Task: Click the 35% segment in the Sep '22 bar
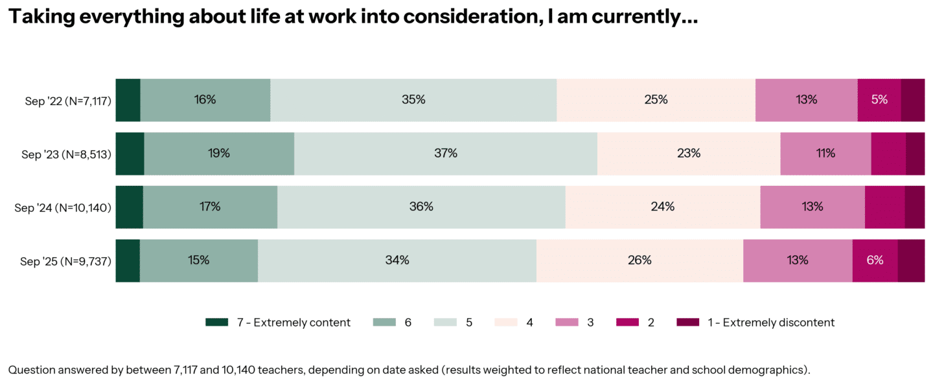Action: pos(413,100)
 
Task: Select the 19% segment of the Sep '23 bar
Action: pos(219,153)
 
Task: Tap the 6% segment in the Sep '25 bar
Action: pos(875,260)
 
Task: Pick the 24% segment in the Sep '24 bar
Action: pos(662,207)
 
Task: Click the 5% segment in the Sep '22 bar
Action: pos(879,100)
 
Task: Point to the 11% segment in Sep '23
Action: pos(825,153)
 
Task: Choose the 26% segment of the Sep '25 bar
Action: pos(639,260)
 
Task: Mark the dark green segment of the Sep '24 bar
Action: pos(130,207)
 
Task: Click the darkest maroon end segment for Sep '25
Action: pos(911,260)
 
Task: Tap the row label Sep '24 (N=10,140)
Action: pos(63,208)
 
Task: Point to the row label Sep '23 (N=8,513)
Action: pos(66,155)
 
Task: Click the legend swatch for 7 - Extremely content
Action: pos(216,322)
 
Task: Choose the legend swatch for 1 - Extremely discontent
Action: pos(687,322)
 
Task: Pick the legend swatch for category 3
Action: pos(566,322)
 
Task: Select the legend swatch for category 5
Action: pos(444,322)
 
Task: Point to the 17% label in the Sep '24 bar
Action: pos(210,207)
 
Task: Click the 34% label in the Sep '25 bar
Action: pos(397,260)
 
